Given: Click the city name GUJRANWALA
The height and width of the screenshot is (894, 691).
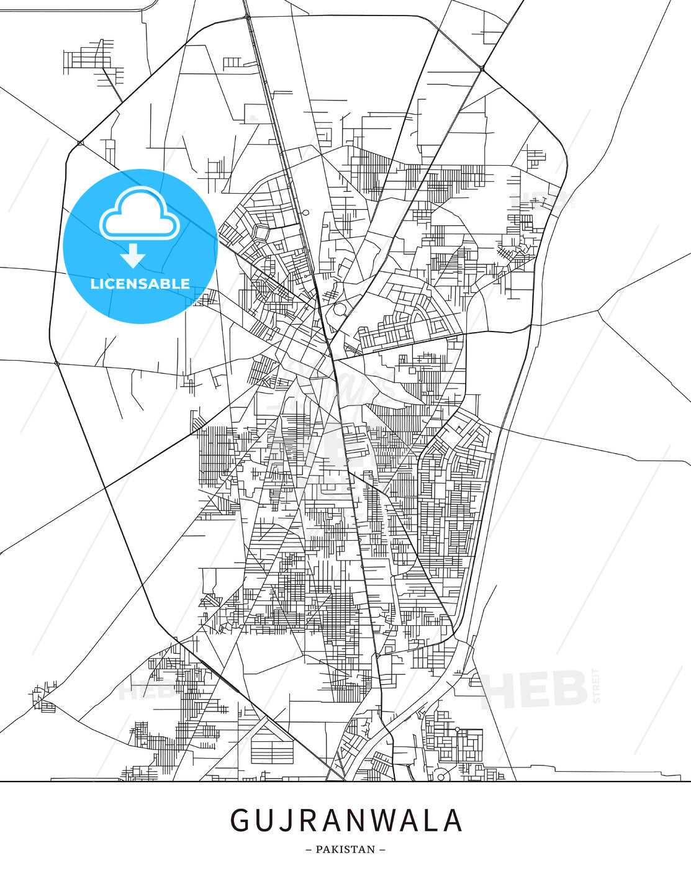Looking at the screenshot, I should point(346,820).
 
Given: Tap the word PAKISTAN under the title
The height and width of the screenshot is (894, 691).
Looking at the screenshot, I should point(345,849).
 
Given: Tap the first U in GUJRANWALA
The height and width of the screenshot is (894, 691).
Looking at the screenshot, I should point(265,820).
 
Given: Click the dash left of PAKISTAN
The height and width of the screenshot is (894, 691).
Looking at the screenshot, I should point(309,849).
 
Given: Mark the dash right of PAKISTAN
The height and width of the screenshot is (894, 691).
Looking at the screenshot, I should point(382,849).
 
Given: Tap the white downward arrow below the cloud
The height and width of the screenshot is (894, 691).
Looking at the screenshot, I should point(133,256).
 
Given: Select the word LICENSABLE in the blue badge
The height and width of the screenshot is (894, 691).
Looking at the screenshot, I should point(140,284).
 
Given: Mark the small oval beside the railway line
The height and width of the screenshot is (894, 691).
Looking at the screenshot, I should point(305,213).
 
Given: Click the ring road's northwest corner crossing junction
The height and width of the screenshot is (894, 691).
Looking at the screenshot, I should point(80,143).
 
